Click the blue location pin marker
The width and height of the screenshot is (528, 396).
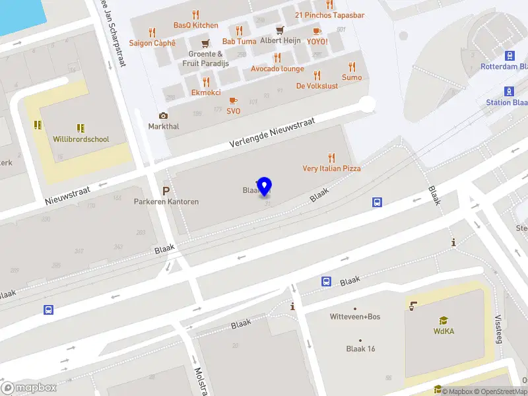coord(265,186)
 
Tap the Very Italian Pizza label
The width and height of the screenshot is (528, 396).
coord(331,168)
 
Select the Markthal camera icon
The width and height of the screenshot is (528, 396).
coord(163,115)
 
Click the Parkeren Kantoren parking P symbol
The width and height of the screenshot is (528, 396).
coord(166,190)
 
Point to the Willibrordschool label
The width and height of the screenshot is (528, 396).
coord(81,139)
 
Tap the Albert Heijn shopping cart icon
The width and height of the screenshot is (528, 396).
coord(280,30)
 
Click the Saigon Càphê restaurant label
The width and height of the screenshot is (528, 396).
coord(152,43)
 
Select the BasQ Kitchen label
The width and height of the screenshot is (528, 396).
coord(195,25)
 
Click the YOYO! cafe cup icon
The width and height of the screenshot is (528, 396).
coord(317,30)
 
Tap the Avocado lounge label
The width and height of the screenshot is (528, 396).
coord(277,69)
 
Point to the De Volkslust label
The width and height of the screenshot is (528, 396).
coord(317,86)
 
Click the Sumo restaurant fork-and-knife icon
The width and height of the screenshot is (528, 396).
coord(352,67)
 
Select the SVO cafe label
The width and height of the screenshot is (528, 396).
coord(233,111)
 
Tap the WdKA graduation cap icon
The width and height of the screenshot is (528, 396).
coord(443,321)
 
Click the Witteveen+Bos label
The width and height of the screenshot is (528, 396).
coord(355,317)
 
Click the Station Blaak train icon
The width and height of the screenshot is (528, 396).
coord(509,91)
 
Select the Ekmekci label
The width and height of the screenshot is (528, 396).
coord(206,93)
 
